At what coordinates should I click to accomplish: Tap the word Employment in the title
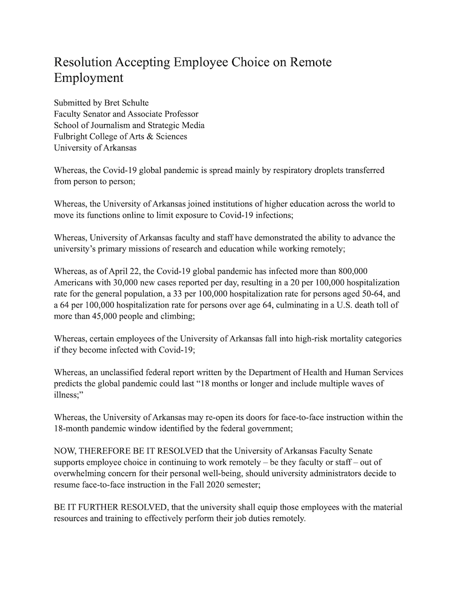pyautogui.click(x=88, y=78)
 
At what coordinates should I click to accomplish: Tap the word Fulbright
pyautogui.click(x=73, y=137)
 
